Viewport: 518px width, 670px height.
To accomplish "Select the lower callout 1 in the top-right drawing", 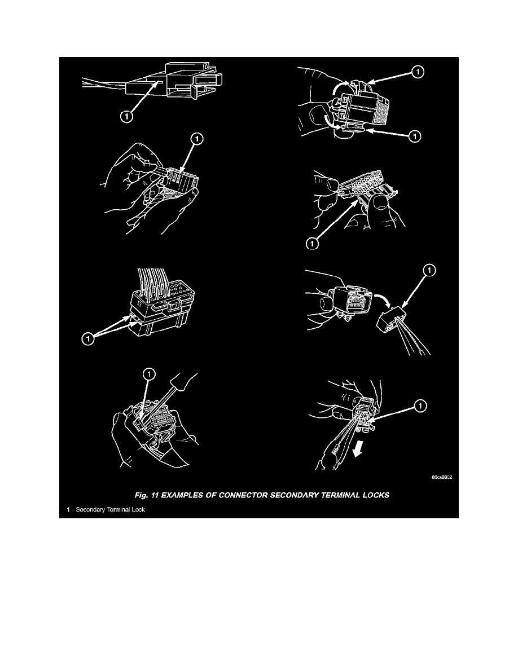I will click(x=415, y=136).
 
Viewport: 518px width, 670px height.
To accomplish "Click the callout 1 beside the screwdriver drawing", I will click(x=150, y=373).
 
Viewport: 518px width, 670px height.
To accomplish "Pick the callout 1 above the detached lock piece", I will click(x=428, y=272).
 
